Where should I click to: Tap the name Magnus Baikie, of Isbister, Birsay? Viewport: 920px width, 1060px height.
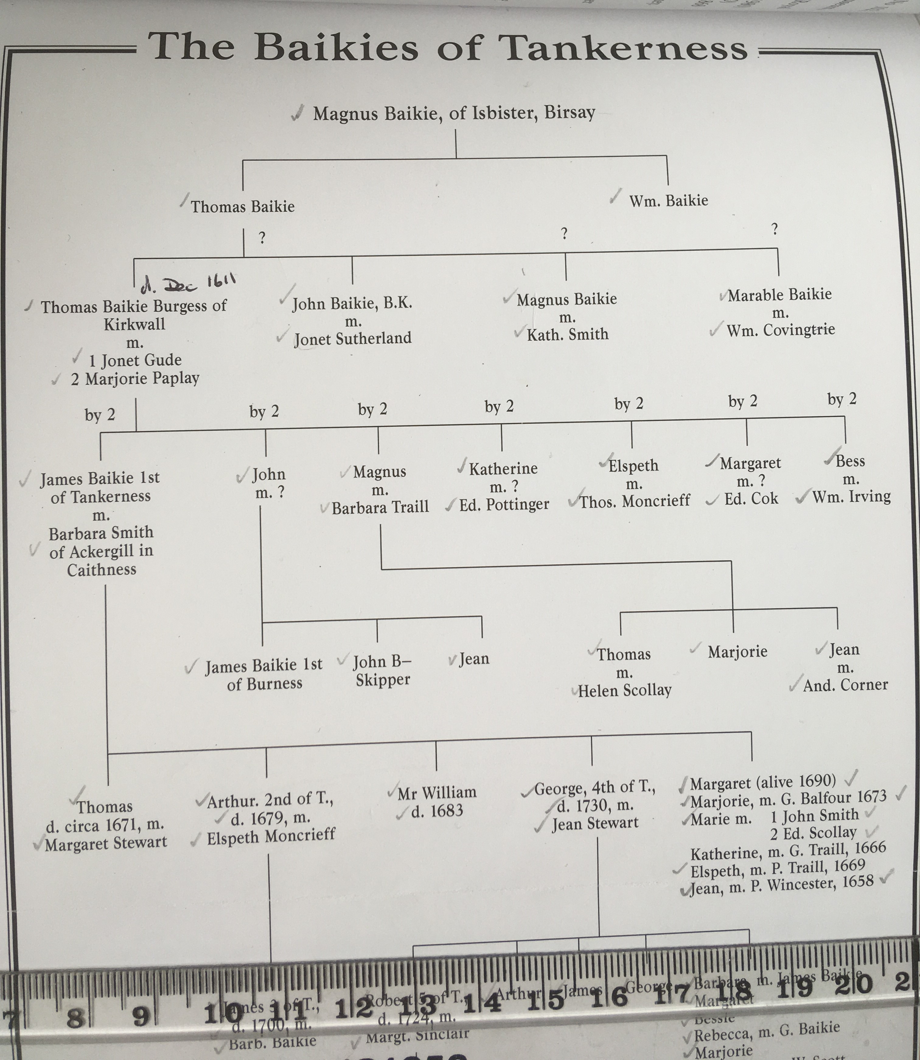click(454, 113)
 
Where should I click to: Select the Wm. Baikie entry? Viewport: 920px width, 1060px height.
click(668, 201)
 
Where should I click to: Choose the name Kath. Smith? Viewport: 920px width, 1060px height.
click(567, 335)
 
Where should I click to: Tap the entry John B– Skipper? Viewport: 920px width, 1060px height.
click(382, 671)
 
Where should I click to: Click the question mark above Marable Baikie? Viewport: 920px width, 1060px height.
click(775, 229)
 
